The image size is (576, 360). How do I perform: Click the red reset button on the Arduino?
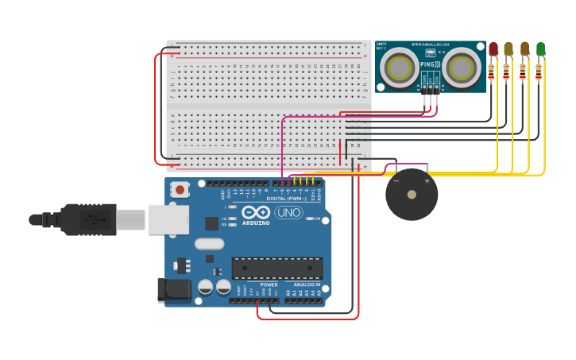pyautogui.click(x=180, y=190)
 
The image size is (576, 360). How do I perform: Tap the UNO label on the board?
pyautogui.click(x=288, y=212)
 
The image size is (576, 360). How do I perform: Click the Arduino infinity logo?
pyautogui.click(x=256, y=212)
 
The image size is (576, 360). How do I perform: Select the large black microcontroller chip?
pyautogui.click(x=276, y=269)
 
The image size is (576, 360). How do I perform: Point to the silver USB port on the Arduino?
pyautogui.click(x=168, y=220)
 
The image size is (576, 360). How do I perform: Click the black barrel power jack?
pyautogui.click(x=174, y=290)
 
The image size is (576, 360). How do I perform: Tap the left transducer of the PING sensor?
pyautogui.click(x=399, y=68)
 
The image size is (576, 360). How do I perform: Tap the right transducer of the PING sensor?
pyautogui.click(x=462, y=68)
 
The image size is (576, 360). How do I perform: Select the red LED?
pyautogui.click(x=493, y=49)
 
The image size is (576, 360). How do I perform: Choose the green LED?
pyautogui.click(x=540, y=49)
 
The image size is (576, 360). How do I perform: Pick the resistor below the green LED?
pyautogui.click(x=539, y=72)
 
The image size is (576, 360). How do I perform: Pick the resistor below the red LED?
pyautogui.click(x=491, y=72)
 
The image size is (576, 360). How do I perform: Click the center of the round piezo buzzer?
pyautogui.click(x=412, y=195)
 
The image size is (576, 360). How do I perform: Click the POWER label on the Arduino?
pyautogui.click(x=269, y=285)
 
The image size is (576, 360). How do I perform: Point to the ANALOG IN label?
pyautogui.click(x=307, y=285)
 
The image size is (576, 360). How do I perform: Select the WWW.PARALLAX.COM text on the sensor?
pyautogui.click(x=430, y=45)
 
